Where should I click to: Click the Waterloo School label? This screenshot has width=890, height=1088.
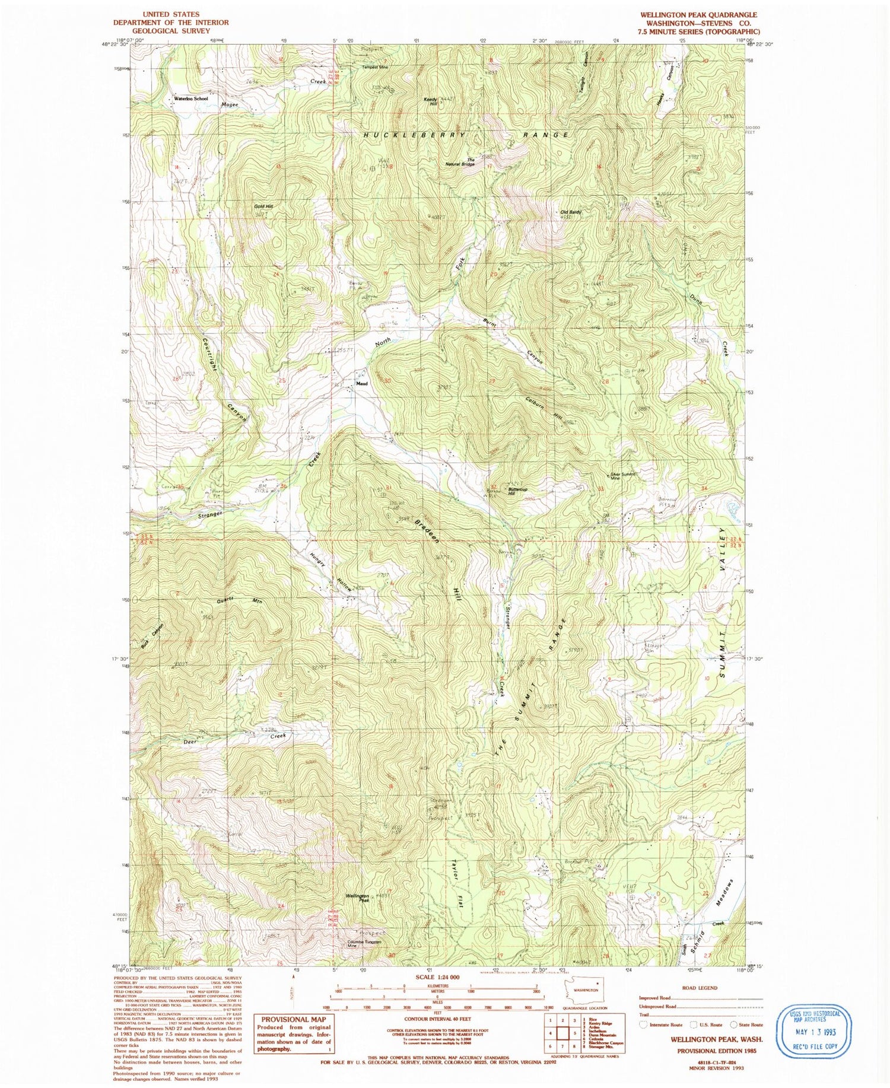point(190,98)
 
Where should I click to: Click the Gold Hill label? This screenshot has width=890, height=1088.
point(263,206)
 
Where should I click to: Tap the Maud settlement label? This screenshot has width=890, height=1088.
point(361,383)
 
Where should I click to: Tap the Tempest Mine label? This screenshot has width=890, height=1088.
point(375,67)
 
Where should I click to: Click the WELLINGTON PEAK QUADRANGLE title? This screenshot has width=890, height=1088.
point(698,15)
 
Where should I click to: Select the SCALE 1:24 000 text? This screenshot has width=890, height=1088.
point(433,976)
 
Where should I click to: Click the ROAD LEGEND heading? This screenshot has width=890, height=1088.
point(700,988)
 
